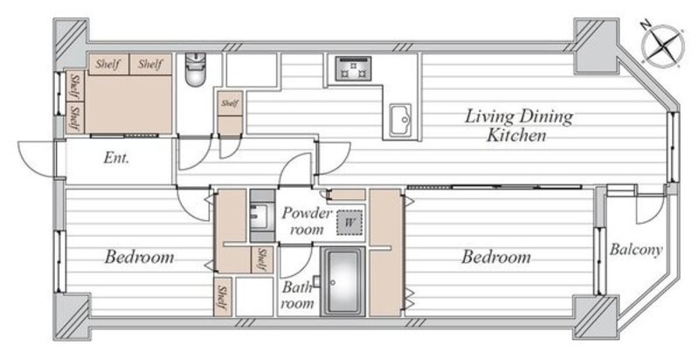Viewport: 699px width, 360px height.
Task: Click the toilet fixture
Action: coord(195,69)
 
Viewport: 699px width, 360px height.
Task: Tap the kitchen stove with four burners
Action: coord(353,68)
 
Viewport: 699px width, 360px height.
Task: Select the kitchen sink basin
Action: coord(400,121)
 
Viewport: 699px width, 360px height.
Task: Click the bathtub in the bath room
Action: coord(343,281)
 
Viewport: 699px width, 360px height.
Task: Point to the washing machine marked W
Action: coord(349,222)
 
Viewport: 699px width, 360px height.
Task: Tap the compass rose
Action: coord(663,45)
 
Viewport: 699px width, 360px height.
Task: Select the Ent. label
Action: coord(116,158)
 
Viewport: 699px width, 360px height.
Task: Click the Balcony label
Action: coord(636,250)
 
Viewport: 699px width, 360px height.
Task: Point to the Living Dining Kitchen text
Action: coord(518,125)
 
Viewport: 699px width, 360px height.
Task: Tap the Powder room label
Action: coord(307,220)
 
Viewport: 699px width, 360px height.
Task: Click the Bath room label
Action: coord(297,295)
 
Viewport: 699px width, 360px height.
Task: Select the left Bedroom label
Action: coord(139,257)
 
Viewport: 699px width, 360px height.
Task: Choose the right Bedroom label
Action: coord(495,257)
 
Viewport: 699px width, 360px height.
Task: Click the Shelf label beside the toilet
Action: coord(230,103)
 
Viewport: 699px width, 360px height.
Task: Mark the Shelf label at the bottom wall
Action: coord(222,297)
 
